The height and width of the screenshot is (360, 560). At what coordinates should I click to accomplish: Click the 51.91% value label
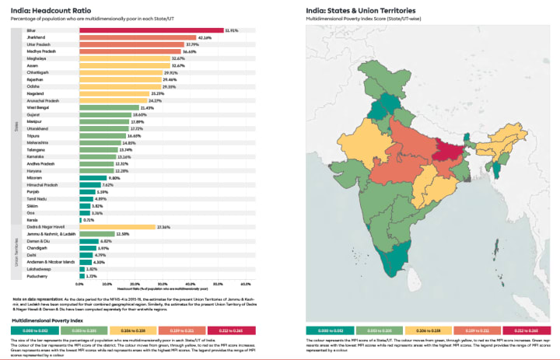pyautogui.click(x=231, y=30)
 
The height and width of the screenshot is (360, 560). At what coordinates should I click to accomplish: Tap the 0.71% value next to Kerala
pyautogui.click(x=89, y=220)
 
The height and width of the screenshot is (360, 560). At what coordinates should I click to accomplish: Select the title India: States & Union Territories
pyautogui.click(x=359, y=9)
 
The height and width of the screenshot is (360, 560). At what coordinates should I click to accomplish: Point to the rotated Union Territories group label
pyautogui.click(x=17, y=252)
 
